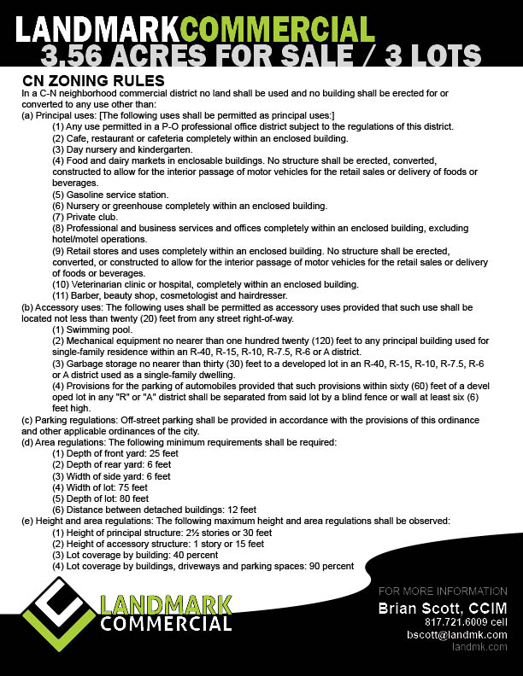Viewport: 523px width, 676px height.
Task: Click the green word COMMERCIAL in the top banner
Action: pos(279,28)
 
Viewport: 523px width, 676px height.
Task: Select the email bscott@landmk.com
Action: pos(456,634)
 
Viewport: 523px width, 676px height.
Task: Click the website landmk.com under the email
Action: pos(479,647)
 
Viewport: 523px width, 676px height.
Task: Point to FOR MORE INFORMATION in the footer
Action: pos(443,591)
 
